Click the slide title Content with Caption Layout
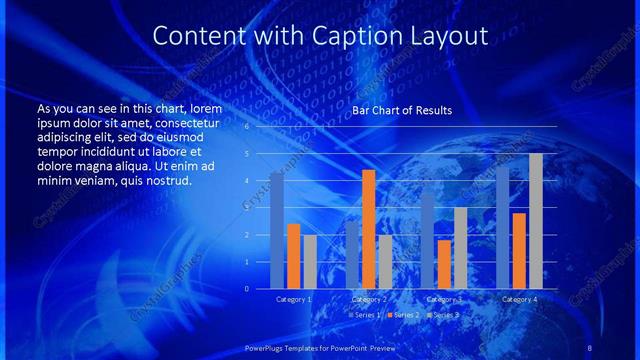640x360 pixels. pos(320,36)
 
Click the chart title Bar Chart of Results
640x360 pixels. pos(402,110)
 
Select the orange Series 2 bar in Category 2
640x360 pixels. pos(369,229)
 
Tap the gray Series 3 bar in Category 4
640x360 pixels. pos(536,221)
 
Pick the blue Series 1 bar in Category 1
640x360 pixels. pos(277,230)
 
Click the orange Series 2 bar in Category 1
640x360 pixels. pos(293,256)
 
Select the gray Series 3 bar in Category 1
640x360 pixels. pos(310,262)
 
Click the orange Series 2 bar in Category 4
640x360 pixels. pos(519,250)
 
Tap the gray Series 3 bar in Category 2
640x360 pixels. pos(386,262)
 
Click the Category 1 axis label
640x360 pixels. pos(294,299)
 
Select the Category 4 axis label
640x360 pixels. pos(519,299)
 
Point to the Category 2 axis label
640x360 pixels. pos(369,299)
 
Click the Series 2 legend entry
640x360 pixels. pos(404,315)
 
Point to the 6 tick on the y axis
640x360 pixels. pos(246,127)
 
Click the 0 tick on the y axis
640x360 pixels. pos(246,288)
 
